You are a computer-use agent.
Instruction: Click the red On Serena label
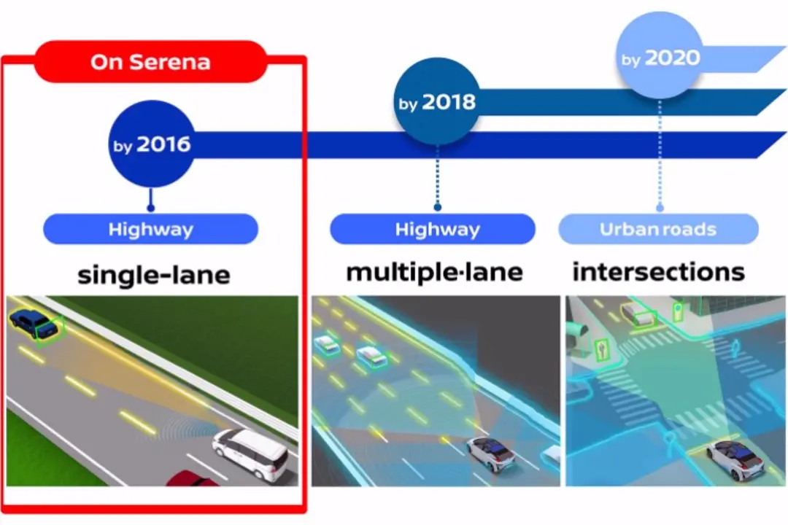(x=151, y=62)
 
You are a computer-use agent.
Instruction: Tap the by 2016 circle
(x=151, y=144)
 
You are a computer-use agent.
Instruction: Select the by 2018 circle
(x=437, y=101)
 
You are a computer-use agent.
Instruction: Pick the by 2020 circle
(x=660, y=55)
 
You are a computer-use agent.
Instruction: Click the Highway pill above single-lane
(x=151, y=229)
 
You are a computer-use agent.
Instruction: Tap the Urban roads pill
(x=658, y=229)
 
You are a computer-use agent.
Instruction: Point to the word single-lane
(x=154, y=274)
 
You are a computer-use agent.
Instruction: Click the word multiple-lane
(x=435, y=272)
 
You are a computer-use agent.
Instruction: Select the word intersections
(x=658, y=272)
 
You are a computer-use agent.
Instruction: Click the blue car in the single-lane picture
(x=33, y=322)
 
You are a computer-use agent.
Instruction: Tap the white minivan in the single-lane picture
(x=250, y=454)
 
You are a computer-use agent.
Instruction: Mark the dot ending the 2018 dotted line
(x=437, y=207)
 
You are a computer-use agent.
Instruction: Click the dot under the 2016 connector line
(x=151, y=208)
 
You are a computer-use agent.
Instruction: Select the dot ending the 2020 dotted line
(x=660, y=208)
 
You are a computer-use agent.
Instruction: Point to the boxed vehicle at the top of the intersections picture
(x=638, y=315)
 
